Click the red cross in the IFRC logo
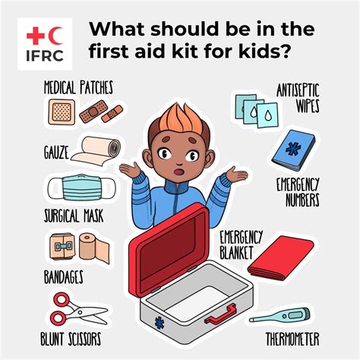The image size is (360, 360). [36, 36]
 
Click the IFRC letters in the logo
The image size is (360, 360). [45, 55]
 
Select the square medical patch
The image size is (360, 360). [62, 112]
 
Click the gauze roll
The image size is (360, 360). [96, 151]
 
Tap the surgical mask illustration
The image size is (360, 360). [81, 188]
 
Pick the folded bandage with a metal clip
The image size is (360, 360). [62, 246]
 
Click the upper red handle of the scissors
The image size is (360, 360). [62, 300]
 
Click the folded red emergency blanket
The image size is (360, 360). [281, 258]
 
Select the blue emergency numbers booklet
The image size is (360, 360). [294, 150]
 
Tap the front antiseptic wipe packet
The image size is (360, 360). [267, 115]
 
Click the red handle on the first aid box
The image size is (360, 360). [220, 314]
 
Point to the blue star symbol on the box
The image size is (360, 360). [159, 323]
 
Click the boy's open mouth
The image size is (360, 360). [179, 172]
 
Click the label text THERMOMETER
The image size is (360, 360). [292, 339]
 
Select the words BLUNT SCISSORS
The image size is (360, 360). [71, 339]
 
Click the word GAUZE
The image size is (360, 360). [56, 153]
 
